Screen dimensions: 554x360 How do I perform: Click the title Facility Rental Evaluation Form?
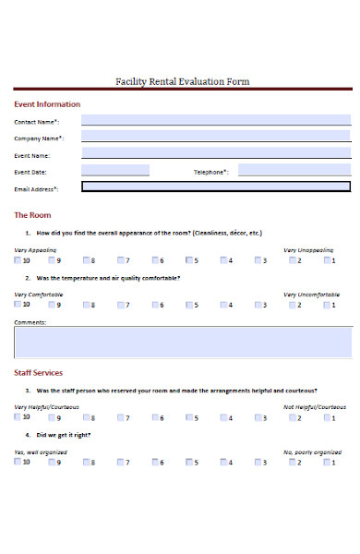182,82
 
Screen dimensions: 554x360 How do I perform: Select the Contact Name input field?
215,120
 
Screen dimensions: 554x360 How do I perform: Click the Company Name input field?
215,137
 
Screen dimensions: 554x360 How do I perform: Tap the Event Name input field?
215,153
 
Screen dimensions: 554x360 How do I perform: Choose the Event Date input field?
115,171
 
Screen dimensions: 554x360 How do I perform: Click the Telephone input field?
294,171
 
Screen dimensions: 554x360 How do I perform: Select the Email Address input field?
215,187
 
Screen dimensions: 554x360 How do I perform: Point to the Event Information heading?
47,104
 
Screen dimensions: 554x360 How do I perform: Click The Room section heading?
32,214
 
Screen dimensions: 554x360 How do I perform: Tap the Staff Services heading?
39,372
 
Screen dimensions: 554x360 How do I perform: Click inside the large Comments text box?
182,342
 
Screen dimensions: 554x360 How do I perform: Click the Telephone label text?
210,172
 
